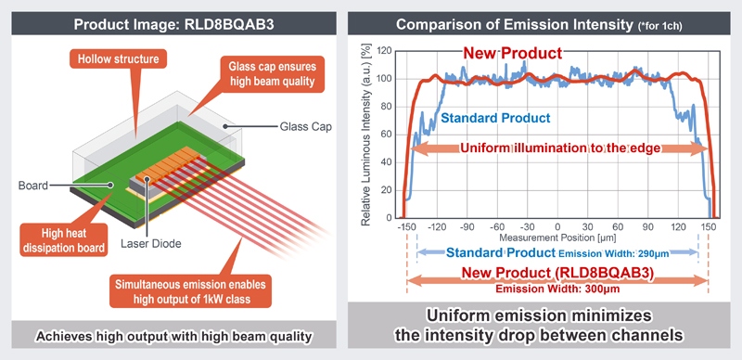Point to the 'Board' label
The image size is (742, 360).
coord(32,184)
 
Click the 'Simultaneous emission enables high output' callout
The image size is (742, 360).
coord(192,290)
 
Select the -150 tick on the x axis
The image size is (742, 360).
coord(406,227)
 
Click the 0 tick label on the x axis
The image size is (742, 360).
coord(556,227)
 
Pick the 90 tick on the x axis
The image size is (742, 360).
coord(646,227)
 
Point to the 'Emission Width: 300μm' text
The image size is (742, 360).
coord(557,287)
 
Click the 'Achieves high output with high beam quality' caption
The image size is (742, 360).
coord(173,334)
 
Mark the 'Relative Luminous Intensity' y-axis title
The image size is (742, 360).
coord(367,135)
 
